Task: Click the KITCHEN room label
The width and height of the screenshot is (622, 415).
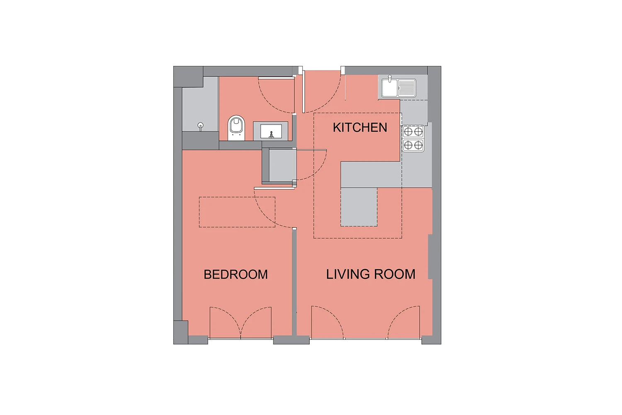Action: (360, 127)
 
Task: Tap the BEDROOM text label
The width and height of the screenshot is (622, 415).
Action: (236, 274)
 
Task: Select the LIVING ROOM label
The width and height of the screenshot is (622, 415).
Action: (371, 274)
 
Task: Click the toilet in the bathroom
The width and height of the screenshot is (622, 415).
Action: (236, 128)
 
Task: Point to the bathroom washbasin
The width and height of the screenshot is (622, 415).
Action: (271, 132)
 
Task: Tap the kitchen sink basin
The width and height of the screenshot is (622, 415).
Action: (390, 88)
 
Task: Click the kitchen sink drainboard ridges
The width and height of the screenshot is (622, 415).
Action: (407, 88)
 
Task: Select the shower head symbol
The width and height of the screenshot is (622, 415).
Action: (200, 126)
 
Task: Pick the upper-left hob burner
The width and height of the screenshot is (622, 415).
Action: (408, 132)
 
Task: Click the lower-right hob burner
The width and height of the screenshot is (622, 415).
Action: (418, 145)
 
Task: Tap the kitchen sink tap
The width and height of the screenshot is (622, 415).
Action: (390, 79)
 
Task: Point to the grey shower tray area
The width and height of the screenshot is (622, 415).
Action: (200, 104)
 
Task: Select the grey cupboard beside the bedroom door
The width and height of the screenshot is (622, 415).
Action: (282, 166)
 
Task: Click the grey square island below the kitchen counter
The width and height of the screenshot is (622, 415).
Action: (359, 207)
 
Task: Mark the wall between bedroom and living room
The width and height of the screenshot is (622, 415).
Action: (294, 282)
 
